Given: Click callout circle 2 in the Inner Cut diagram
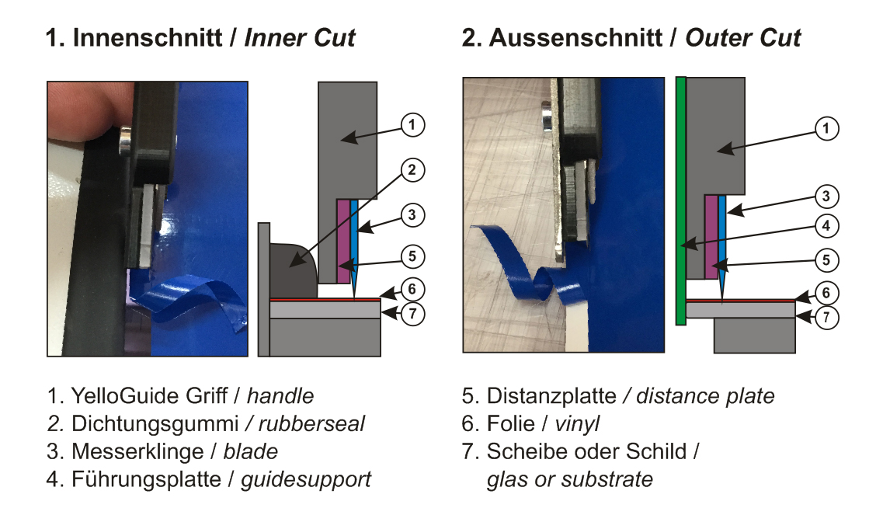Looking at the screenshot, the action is point(412,170).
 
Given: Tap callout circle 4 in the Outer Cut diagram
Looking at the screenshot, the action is point(826,226).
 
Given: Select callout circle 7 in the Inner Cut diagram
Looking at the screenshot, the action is point(412,314).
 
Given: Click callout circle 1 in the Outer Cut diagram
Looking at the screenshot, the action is point(826,128).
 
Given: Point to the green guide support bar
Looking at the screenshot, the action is point(680,200).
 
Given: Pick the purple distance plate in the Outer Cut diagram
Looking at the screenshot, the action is point(711,237).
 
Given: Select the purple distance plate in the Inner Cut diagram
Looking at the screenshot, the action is point(343,242).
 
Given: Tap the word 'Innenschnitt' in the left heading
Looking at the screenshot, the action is point(148,37).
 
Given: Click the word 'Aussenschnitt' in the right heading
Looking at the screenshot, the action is point(575,37).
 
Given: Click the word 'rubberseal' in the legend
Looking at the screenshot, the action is point(311,423).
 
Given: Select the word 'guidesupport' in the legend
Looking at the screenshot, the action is point(306,479).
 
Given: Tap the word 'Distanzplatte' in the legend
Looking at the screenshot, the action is point(551,395).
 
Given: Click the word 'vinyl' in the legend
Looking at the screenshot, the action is point(577,423).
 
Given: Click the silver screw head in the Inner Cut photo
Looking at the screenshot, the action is point(125,141).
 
